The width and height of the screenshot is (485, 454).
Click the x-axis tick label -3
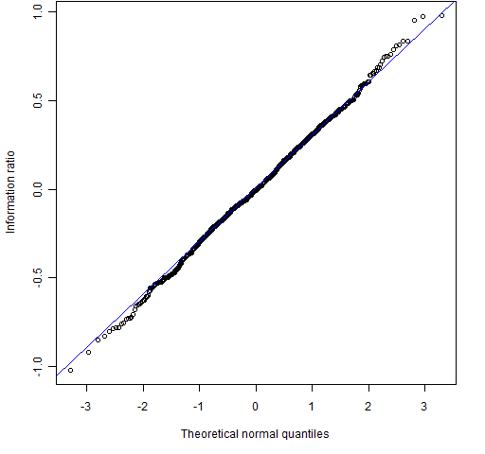[85, 407]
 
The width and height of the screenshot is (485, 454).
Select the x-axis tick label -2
[142, 407]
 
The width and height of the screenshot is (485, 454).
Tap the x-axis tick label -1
[198, 407]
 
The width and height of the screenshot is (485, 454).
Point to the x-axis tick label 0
[256, 407]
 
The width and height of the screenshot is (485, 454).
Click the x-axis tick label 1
[312, 407]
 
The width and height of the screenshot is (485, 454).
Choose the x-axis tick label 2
[368, 407]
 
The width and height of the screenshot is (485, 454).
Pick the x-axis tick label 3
[424, 407]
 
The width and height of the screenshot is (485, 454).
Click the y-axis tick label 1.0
[38, 11]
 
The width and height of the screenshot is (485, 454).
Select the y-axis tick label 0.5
[38, 100]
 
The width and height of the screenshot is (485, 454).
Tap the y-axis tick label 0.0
[38, 189]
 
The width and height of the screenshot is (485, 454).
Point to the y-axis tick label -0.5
[38, 278]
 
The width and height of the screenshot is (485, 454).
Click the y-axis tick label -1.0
[38, 367]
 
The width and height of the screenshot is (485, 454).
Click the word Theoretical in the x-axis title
[209, 434]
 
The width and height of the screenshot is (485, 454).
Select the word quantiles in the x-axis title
[305, 435]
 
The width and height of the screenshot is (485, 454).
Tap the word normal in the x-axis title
[260, 434]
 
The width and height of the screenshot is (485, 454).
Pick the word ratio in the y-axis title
[10, 162]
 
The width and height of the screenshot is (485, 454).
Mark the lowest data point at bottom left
[70, 370]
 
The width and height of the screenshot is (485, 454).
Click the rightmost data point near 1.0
[441, 15]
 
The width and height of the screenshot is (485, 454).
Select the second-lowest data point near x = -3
[88, 352]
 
